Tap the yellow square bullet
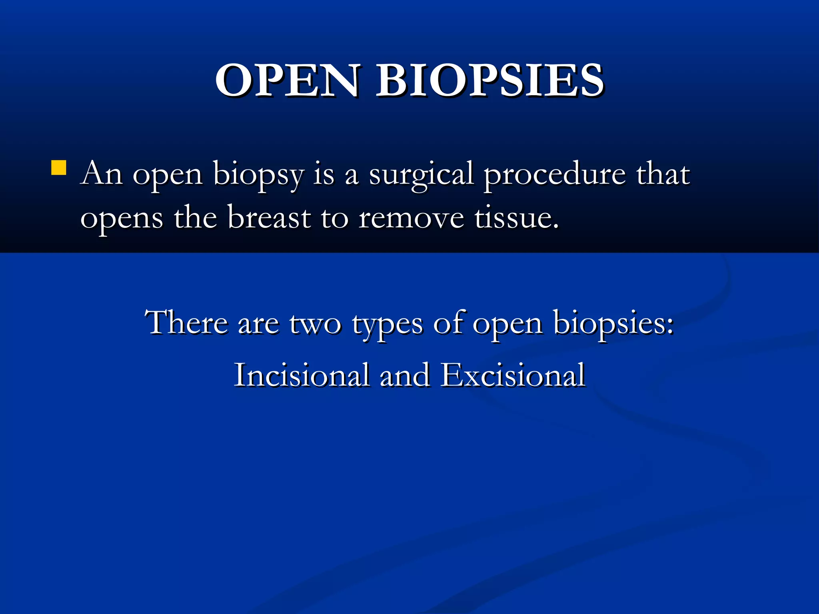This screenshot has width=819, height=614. (59, 168)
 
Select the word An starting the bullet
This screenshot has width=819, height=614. (101, 174)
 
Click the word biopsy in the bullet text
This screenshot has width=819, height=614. (258, 176)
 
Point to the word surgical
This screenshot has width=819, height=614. (421, 176)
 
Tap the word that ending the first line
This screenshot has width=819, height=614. (663, 174)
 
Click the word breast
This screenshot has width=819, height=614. (269, 218)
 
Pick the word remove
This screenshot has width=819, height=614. (411, 219)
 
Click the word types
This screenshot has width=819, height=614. (387, 325)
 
